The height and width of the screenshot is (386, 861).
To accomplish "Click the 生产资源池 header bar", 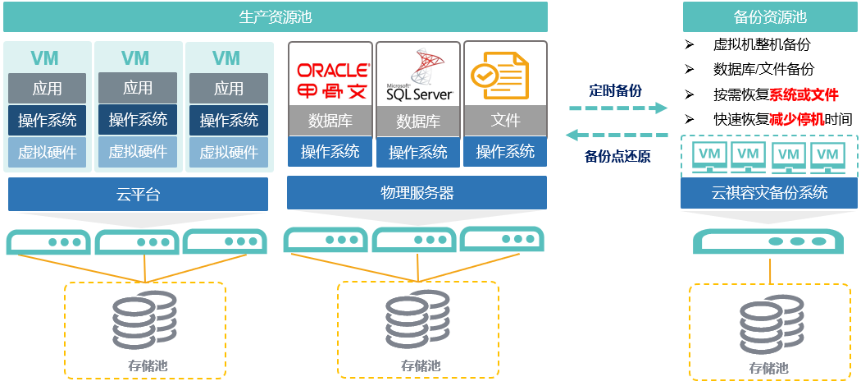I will point(275,16).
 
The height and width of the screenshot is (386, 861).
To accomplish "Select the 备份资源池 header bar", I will point(770,16).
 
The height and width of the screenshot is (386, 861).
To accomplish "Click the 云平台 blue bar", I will point(138,195).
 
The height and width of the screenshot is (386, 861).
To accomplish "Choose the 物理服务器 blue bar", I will point(417,193).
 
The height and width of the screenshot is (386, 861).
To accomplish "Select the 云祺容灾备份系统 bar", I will point(770,193).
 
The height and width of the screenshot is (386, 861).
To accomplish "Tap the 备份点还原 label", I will point(617,156).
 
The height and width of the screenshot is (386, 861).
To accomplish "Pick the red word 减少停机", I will point(795,119).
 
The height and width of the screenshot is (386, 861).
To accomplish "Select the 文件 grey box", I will point(505,121).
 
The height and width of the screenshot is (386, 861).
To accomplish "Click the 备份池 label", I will point(769,369).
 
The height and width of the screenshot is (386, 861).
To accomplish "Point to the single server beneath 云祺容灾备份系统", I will point(769,241).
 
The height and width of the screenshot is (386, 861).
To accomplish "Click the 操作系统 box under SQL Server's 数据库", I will point(418,152).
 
